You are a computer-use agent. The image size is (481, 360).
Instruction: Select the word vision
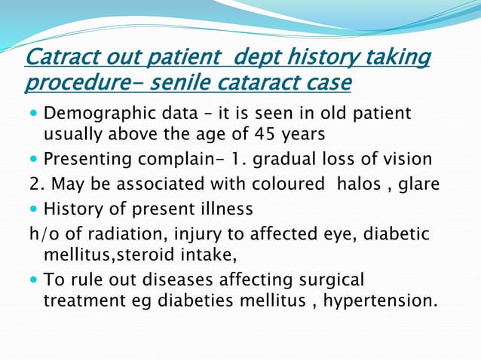408,160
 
